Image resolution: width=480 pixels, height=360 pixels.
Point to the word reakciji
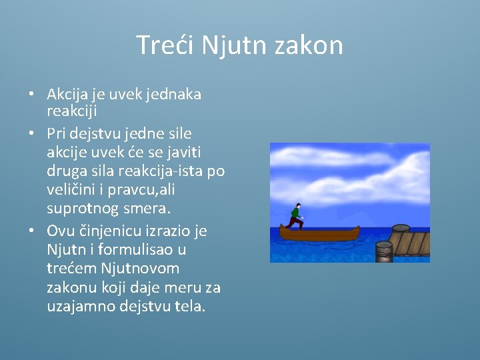click(x=73, y=110)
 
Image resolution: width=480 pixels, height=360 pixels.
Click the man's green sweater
click(x=295, y=215)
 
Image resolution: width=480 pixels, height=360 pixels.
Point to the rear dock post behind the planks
click(x=401, y=229)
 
